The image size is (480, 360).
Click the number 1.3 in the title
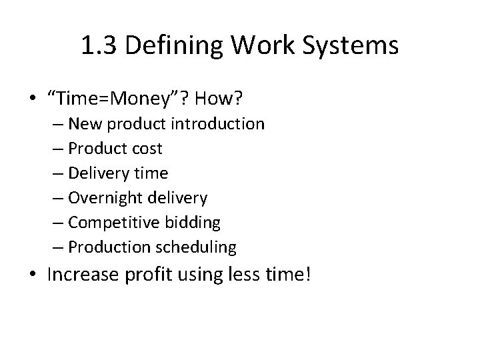click(96, 45)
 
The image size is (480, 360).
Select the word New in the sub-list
click(83, 124)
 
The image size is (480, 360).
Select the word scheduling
click(196, 247)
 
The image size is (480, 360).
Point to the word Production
click(110, 247)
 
